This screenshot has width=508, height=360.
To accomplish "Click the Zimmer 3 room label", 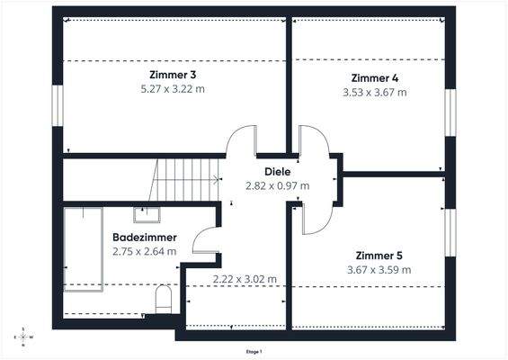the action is coord(173,75).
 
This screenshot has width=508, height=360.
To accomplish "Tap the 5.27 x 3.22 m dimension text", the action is coord(173,89).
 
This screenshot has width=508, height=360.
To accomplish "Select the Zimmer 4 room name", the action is coord(375,78).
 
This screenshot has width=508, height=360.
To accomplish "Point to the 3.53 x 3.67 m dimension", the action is coord(375,93).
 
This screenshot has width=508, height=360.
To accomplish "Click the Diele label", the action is coord(278,172).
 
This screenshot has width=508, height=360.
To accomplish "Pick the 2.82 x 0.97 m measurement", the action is coord(278,185).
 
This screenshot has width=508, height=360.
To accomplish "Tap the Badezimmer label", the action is coord(145,237).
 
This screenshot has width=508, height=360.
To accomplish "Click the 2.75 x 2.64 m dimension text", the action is coord(145,251).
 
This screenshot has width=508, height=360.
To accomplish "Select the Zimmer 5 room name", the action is coord(379,256).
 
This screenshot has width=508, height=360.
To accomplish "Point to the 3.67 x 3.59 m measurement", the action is coord(379,270).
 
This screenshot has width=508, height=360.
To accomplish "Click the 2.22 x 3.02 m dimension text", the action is coord(245,279).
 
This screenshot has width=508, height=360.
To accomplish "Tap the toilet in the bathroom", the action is coord(164,300).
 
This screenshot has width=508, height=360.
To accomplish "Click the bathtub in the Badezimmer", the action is coord(84,249).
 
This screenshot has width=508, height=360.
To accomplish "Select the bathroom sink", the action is coord(147,215).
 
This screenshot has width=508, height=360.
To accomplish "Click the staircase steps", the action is coord(184,180).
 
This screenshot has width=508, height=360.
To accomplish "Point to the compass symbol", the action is coord(23,337).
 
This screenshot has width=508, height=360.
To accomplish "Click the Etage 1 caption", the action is coord(254,352).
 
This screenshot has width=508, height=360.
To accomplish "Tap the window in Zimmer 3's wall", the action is coord(58,105).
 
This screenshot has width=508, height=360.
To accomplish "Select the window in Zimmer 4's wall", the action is coord(450,112).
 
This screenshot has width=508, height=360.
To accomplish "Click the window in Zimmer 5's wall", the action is coord(450,232).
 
